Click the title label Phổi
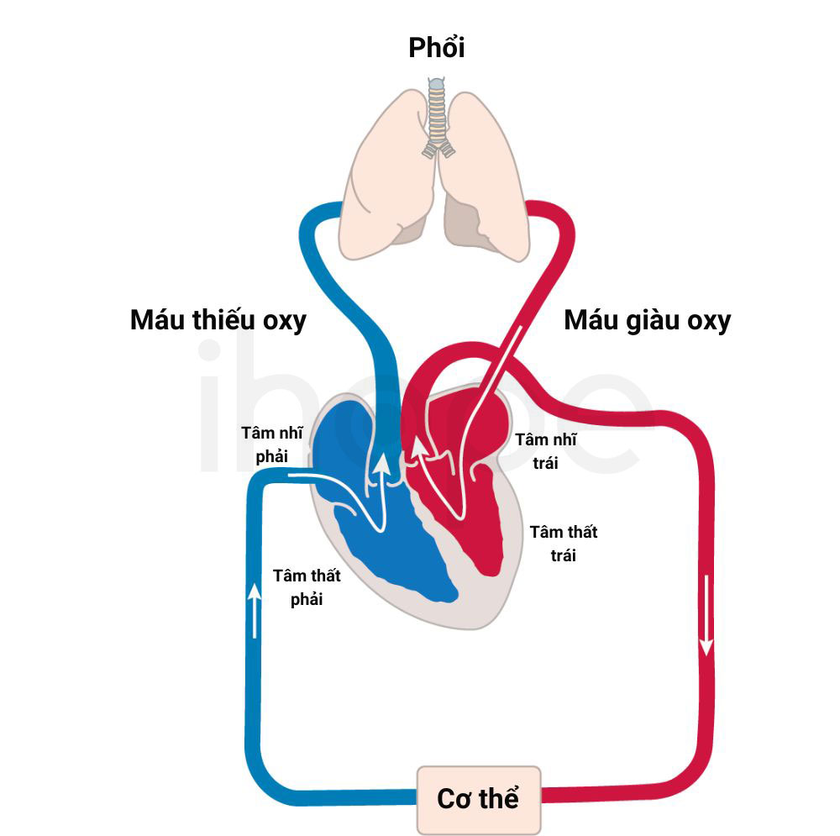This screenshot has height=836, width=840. [x=436, y=47]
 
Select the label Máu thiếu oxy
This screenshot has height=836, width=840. [x=218, y=320]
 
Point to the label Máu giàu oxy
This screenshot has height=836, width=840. [x=647, y=320]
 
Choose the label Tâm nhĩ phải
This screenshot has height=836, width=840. [x=271, y=444]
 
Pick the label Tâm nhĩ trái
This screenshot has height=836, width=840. [x=546, y=451]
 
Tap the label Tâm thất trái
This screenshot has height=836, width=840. [x=564, y=544]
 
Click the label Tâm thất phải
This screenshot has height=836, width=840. [x=307, y=586]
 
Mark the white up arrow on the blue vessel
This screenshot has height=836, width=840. [x=255, y=610]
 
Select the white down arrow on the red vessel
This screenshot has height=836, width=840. [x=706, y=615]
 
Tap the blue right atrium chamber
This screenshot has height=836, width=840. [x=343, y=444]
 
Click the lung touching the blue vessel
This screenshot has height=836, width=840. [x=386, y=176]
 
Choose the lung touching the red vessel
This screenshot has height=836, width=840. [x=485, y=176]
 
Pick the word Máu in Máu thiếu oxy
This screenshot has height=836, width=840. [x=158, y=319]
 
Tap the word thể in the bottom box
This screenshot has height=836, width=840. [x=498, y=798]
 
